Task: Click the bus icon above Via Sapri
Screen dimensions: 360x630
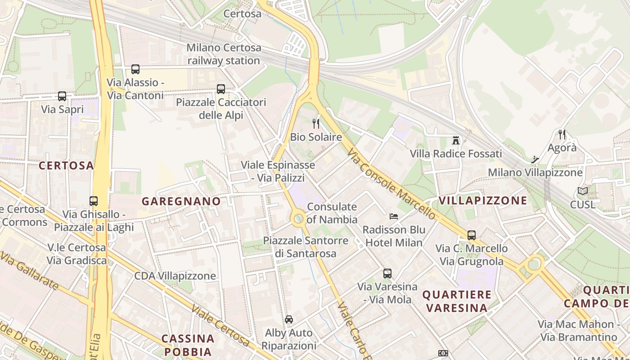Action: coord(62,96)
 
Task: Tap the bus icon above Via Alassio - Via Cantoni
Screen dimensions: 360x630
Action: coord(135,69)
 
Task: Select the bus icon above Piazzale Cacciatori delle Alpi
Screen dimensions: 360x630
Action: coord(220,89)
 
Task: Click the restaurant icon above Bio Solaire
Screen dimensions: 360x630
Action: coord(316,124)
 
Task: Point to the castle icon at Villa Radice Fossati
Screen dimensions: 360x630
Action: coord(456,140)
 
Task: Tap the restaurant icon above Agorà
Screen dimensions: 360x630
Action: coord(562,134)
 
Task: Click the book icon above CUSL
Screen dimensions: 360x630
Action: coord(583,191)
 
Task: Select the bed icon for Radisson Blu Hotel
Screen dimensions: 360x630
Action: coord(394,216)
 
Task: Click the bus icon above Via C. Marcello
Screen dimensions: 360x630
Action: coord(471,235)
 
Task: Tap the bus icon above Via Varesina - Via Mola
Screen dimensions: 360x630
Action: coord(387,273)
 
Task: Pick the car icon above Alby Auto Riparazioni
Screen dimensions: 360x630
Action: coord(289,319)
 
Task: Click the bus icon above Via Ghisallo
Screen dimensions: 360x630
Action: coord(94,201)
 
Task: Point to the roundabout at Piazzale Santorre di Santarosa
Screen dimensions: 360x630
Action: coord(298,219)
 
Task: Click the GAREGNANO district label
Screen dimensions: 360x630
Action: coord(181,201)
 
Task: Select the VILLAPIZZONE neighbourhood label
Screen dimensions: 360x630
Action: coord(482,200)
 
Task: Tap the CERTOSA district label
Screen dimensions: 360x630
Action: coord(66,166)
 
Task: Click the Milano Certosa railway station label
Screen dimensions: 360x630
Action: coord(223,54)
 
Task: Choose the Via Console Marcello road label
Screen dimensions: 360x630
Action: coord(391,184)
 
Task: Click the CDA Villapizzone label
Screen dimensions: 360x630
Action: coord(175,276)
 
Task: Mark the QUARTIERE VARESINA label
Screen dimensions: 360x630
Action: coord(457,301)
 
